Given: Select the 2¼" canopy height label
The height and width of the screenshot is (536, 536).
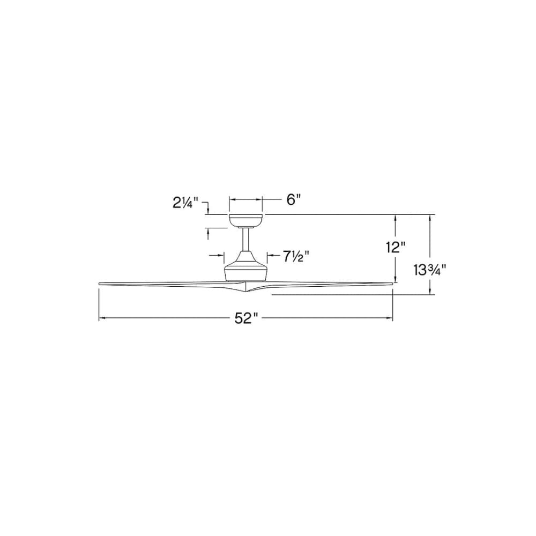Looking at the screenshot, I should point(185,203).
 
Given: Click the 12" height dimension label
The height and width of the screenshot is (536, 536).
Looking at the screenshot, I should point(395,247).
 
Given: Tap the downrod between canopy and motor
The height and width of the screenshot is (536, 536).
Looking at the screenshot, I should point(246,240).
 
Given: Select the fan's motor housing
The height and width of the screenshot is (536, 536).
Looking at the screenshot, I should point(246,267).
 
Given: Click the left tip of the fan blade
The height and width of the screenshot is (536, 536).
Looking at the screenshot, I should point(101,283).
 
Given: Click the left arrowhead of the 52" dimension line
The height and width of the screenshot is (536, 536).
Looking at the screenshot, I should point(102,318).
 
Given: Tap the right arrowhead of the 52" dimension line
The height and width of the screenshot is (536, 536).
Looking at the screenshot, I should point(390,318).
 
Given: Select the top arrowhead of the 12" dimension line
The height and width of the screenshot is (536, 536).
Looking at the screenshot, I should point(396,218).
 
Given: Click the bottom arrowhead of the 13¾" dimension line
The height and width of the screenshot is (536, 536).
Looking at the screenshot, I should point(430,291).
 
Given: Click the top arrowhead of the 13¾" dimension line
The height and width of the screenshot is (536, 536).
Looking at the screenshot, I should point(430,218).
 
